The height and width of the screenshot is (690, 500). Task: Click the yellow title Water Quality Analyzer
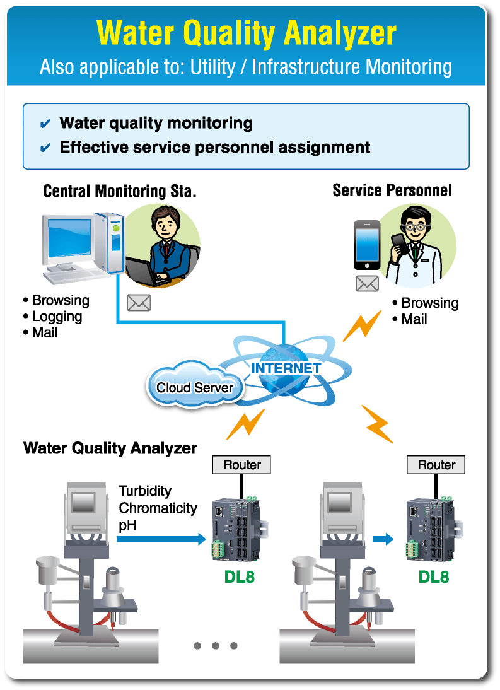(x=247, y=33)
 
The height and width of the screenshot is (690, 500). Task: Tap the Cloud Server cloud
(x=194, y=387)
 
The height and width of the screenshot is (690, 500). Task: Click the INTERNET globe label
(x=286, y=368)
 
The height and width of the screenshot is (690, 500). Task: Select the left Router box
(x=242, y=465)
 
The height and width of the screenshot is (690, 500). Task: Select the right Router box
(x=436, y=465)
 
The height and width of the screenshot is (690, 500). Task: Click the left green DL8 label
(x=240, y=576)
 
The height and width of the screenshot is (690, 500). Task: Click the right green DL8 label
(x=434, y=576)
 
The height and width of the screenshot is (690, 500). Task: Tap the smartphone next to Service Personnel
(x=366, y=245)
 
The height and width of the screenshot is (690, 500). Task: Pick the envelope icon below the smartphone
(x=367, y=284)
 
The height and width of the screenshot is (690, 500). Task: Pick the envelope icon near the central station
(x=139, y=303)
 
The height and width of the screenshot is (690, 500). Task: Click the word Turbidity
(x=145, y=491)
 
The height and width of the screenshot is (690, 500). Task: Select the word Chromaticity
(x=158, y=508)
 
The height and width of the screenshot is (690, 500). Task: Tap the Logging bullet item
(x=56, y=317)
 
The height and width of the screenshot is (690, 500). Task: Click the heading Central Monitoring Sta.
(x=120, y=191)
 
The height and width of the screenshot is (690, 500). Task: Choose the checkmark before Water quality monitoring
(x=45, y=124)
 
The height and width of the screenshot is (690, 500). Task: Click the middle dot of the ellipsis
(x=216, y=645)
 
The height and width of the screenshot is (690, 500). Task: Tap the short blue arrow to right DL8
(x=383, y=539)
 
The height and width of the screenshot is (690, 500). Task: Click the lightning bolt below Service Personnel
(x=361, y=326)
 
